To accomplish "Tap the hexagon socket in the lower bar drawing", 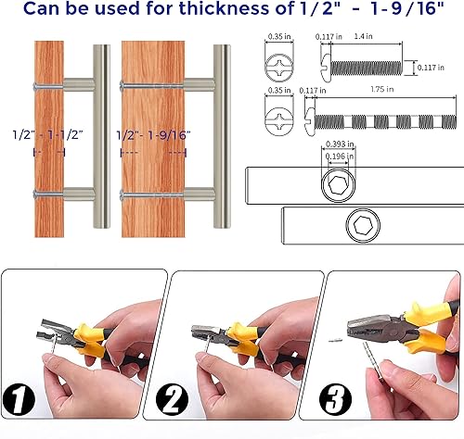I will [x=362, y=227].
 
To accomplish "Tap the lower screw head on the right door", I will [x=123, y=194].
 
